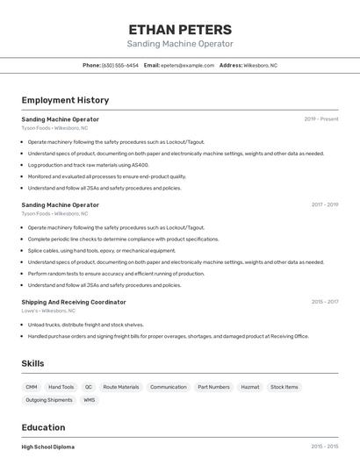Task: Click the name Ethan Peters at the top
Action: (180, 29)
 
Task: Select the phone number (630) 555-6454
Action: (119, 65)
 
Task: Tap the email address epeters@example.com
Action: (188, 65)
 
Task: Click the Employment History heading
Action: (65, 100)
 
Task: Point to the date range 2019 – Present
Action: (321, 119)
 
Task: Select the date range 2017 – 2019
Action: (325, 205)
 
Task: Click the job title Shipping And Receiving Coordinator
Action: (74, 302)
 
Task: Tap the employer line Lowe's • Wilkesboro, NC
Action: (48, 311)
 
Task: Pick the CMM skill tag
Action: (32, 387)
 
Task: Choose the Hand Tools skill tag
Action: (61, 387)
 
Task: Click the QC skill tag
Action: (89, 387)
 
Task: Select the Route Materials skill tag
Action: (121, 387)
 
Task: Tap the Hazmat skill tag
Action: (250, 387)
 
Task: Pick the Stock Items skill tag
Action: (284, 387)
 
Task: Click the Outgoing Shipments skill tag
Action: (49, 400)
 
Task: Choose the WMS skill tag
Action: (90, 400)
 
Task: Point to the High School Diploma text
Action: (48, 447)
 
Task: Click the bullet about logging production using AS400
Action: (88, 165)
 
